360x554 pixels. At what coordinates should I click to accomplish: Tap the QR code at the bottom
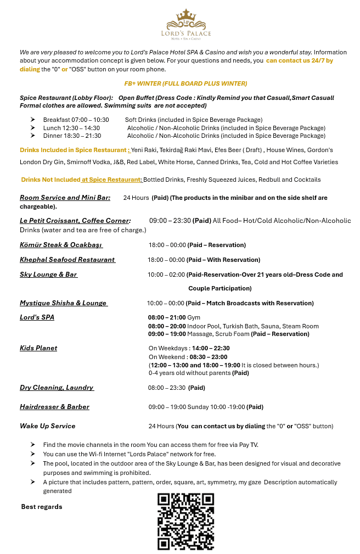pyautogui.click(x=185, y=521)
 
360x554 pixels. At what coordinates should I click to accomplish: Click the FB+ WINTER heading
pyautogui.click(x=185, y=83)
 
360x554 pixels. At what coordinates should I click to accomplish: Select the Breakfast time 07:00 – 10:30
pyautogui.click(x=76, y=120)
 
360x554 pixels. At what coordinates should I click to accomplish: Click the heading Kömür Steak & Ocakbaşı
pyautogui.click(x=61, y=245)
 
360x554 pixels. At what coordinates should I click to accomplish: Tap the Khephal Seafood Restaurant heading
pyautogui.click(x=67, y=260)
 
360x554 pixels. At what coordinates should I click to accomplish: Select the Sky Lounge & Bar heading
pyautogui.click(x=48, y=275)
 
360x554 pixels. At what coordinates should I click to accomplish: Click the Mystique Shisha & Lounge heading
pyautogui.click(x=63, y=303)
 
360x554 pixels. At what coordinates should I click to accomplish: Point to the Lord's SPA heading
pyautogui.click(x=37, y=317)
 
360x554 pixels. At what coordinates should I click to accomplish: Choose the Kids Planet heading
pyautogui.click(x=38, y=348)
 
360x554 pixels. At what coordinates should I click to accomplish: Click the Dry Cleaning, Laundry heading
pyautogui.click(x=57, y=388)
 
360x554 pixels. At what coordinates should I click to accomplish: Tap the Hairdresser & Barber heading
pyautogui.click(x=54, y=407)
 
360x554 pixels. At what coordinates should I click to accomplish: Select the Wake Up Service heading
pyautogui.click(x=48, y=426)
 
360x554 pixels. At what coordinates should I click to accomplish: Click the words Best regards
pyautogui.click(x=42, y=507)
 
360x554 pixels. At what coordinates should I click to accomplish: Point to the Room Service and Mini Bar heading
pyautogui.click(x=65, y=198)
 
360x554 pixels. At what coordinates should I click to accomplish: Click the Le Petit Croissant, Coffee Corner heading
pyautogui.click(x=75, y=221)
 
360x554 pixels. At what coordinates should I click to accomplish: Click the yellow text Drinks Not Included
pyautogui.click(x=50, y=180)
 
